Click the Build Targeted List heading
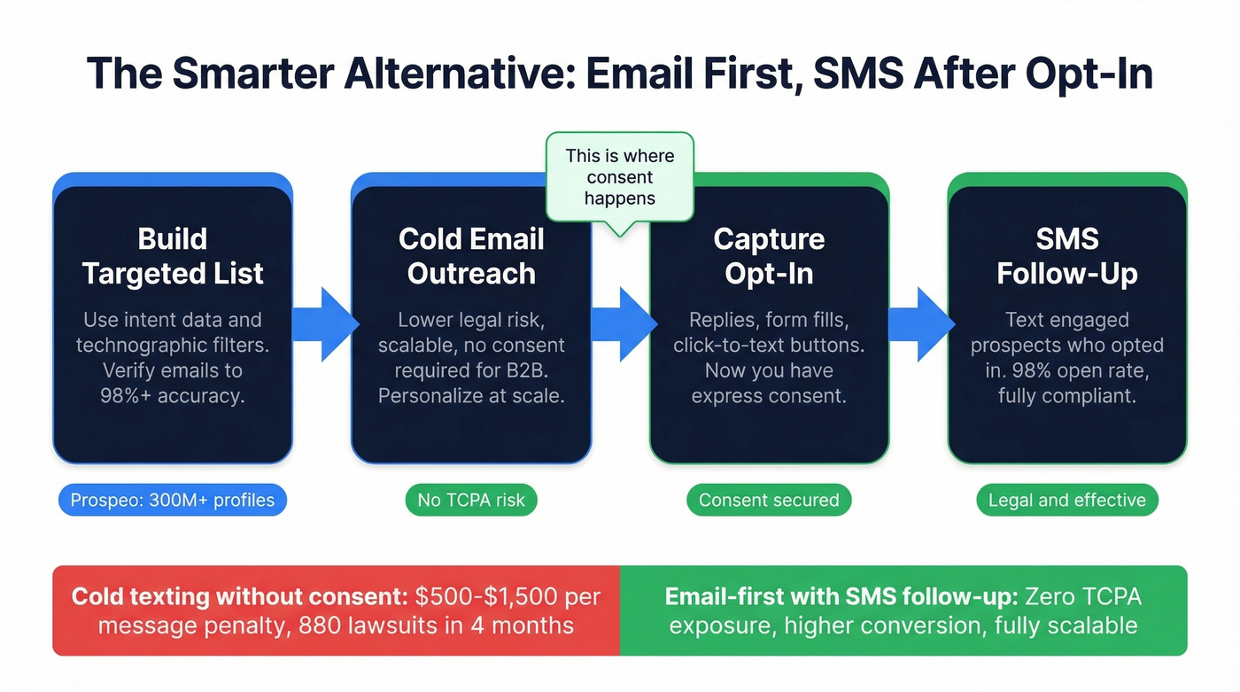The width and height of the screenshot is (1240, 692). pyautogui.click(x=173, y=256)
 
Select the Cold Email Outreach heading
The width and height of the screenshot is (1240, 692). pyautogui.click(x=471, y=256)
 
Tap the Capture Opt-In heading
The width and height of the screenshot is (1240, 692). pyautogui.click(x=769, y=256)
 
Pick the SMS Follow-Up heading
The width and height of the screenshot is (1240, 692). pyautogui.click(x=1066, y=256)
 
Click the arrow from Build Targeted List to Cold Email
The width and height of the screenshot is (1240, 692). pyautogui.click(x=323, y=323)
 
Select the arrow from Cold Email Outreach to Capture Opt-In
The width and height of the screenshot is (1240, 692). pyautogui.click(x=622, y=323)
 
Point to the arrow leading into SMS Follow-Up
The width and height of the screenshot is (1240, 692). pyautogui.click(x=919, y=323)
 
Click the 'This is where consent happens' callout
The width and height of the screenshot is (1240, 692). pyautogui.click(x=619, y=177)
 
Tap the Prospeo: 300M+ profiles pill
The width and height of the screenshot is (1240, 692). pyautogui.click(x=173, y=500)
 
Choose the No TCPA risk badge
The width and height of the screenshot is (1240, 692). pyautogui.click(x=471, y=500)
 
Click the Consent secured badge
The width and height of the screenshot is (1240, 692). pyautogui.click(x=769, y=500)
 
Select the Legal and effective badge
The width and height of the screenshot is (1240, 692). pyautogui.click(x=1066, y=500)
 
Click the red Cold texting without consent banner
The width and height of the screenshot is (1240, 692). pyautogui.click(x=336, y=610)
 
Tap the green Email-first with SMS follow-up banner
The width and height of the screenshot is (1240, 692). pyautogui.click(x=903, y=610)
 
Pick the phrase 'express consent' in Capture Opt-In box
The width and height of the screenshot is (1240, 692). pyautogui.click(x=769, y=395)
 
